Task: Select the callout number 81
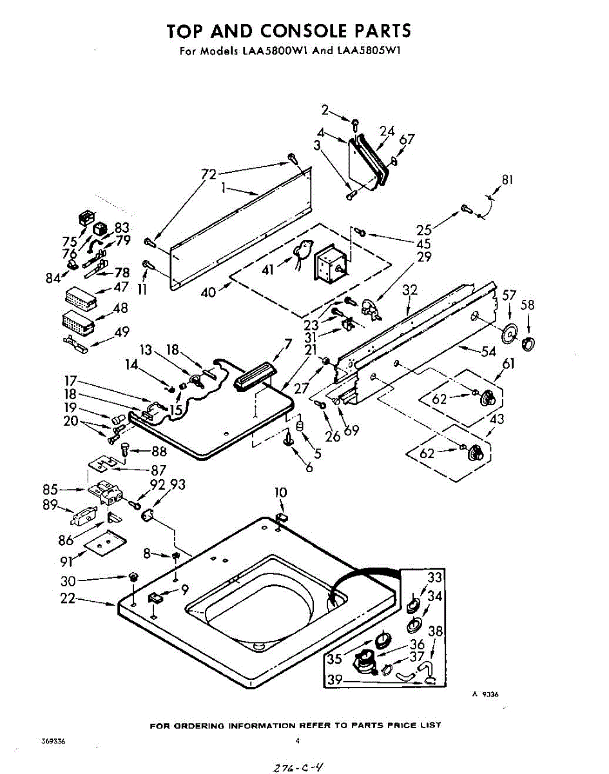point(507,181)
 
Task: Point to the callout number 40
point(208,293)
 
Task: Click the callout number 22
point(68,599)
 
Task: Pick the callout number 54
point(488,352)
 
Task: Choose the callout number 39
point(334,680)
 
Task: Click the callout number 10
point(280,493)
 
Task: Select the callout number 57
point(509,296)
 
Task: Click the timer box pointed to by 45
point(328,266)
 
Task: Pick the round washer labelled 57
point(510,334)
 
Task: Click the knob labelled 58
point(528,342)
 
